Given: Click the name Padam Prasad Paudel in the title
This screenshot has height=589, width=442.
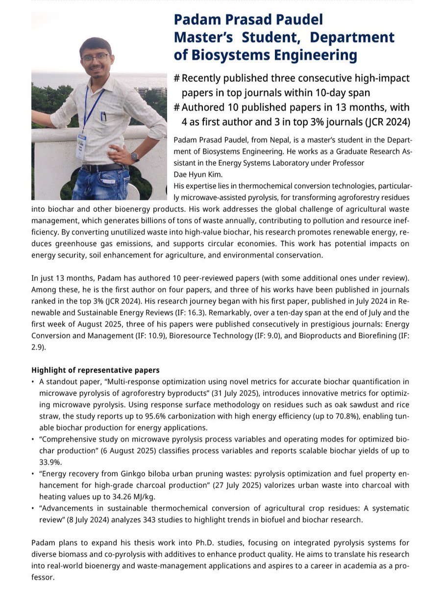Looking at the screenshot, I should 248,20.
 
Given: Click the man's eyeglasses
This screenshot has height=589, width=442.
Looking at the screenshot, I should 96,58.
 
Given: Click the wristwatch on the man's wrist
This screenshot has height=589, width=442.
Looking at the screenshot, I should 135,157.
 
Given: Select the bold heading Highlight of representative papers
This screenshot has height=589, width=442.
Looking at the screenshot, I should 95,370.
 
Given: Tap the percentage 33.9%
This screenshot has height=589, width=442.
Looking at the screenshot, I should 49,462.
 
